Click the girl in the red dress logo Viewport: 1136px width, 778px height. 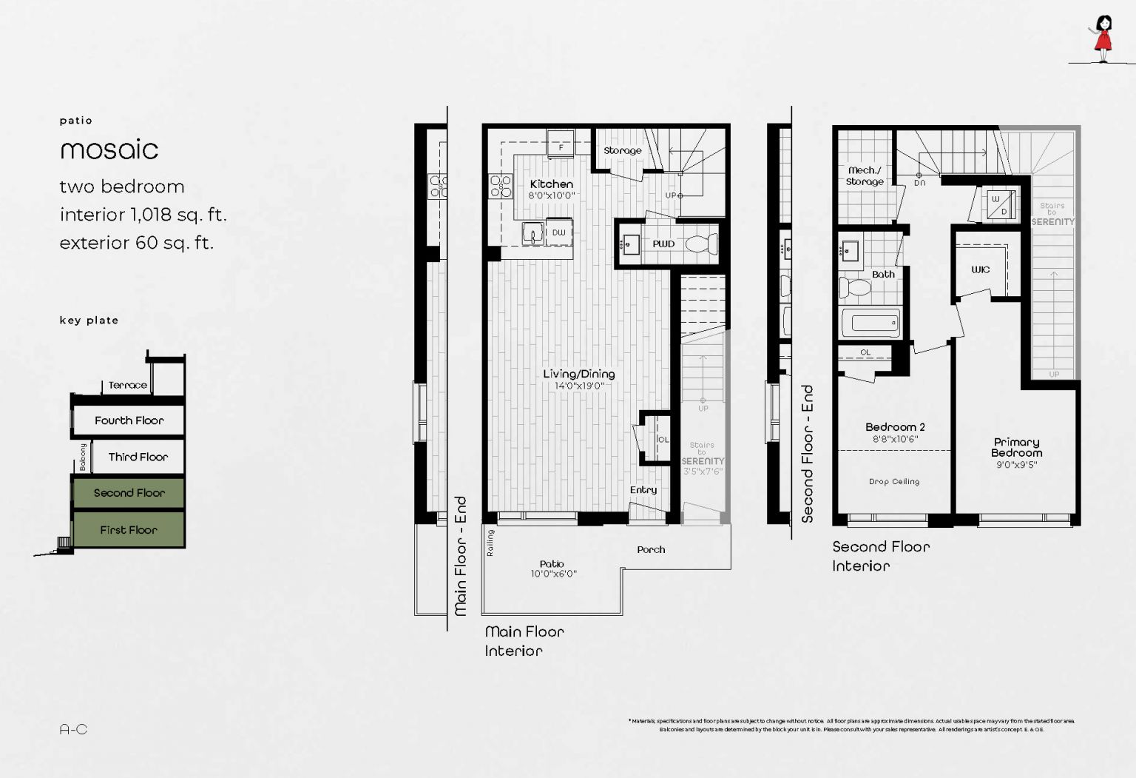[x=1103, y=38]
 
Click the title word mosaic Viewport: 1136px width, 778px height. [x=109, y=150]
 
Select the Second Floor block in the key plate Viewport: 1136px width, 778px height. [x=129, y=493]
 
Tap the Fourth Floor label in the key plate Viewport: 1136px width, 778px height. [x=129, y=420]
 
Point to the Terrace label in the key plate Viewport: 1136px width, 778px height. [x=127, y=385]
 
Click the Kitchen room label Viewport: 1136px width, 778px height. [x=551, y=184]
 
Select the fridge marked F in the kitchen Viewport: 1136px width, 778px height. [x=561, y=146]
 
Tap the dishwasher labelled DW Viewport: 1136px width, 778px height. [x=558, y=232]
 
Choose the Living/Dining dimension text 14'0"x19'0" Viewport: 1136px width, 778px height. [x=579, y=386]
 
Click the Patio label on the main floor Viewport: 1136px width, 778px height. [x=552, y=564]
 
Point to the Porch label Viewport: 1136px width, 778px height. [x=651, y=549]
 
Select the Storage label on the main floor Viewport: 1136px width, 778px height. [x=622, y=150]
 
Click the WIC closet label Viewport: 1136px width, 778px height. [x=980, y=269]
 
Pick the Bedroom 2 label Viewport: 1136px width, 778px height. [x=895, y=427]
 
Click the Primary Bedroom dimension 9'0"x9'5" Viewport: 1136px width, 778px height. [x=1016, y=465]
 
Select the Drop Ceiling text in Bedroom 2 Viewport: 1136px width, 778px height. [x=894, y=482]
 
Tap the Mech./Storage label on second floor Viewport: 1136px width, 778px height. [x=865, y=175]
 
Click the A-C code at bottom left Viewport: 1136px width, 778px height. [x=73, y=729]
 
